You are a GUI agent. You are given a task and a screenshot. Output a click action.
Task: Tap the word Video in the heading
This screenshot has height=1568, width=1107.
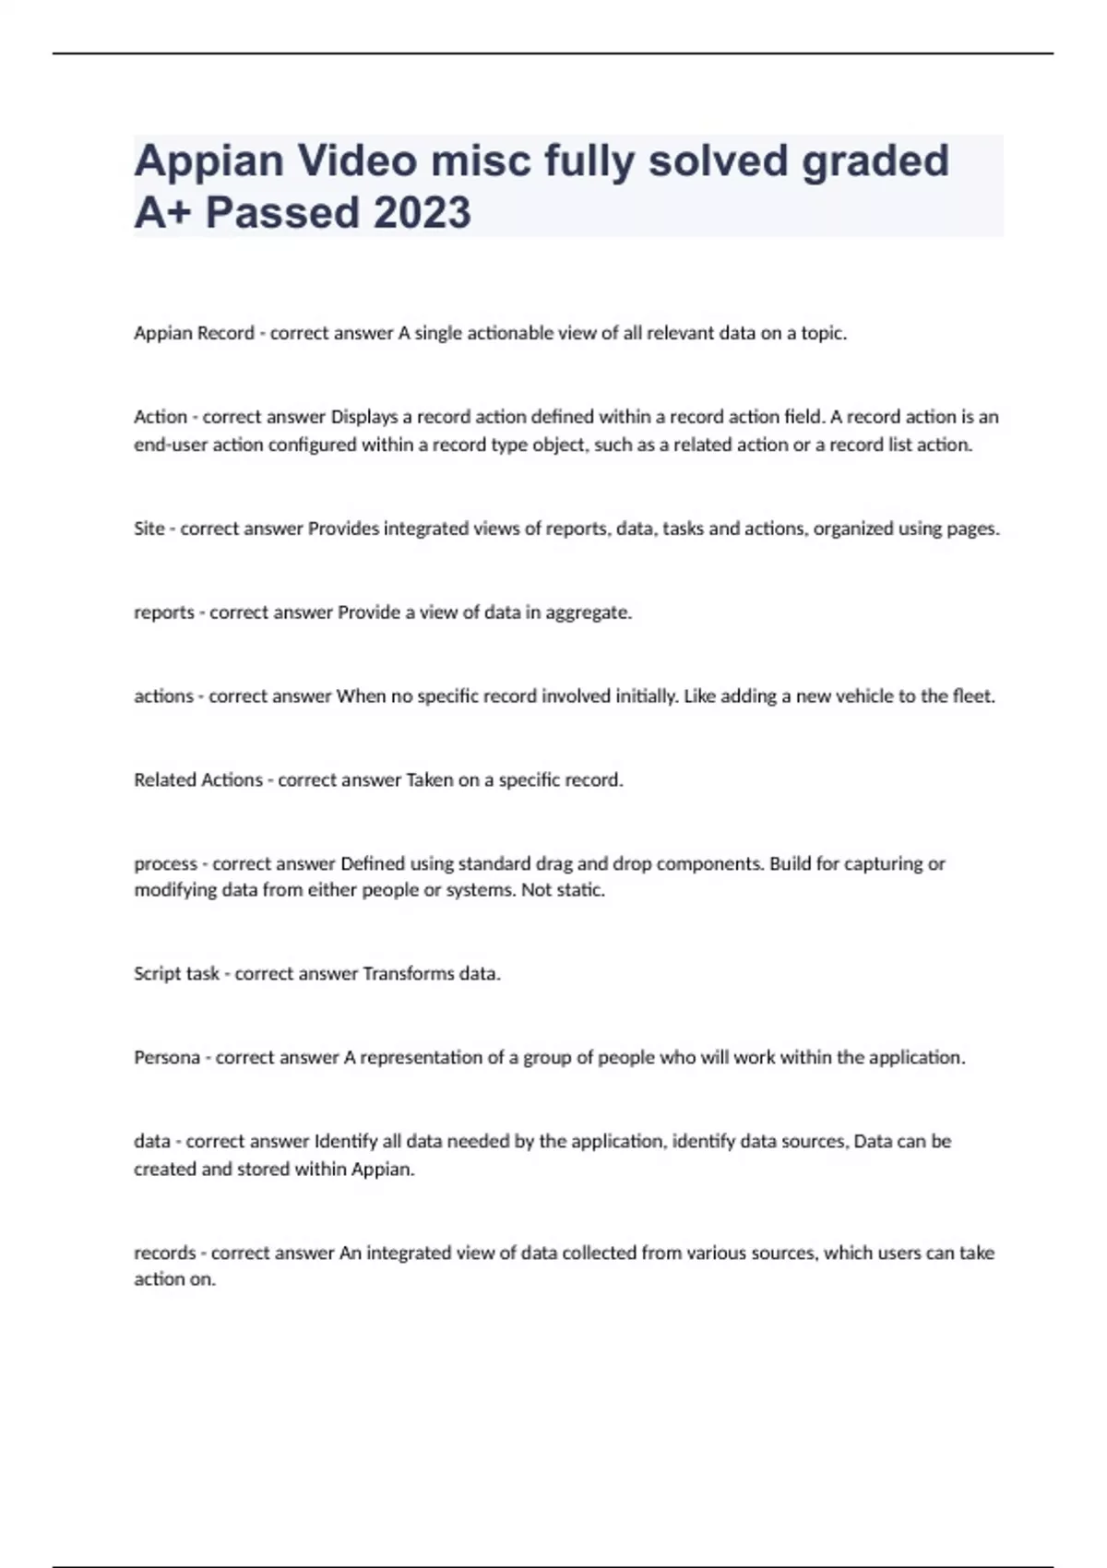click(356, 160)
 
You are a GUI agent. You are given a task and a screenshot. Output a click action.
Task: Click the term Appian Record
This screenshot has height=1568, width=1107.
click(194, 333)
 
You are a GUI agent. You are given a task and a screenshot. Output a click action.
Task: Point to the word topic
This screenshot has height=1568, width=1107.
click(821, 333)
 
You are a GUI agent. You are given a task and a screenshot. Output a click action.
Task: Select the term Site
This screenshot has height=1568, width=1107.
click(149, 529)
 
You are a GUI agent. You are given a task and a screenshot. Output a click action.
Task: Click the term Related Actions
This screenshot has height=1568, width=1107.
click(198, 780)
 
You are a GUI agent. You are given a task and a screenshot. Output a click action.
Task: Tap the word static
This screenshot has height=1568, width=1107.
click(580, 891)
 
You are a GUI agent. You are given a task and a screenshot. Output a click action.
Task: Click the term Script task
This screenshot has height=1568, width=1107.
click(176, 974)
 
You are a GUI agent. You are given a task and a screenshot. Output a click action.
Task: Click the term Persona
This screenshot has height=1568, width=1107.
click(167, 1058)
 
